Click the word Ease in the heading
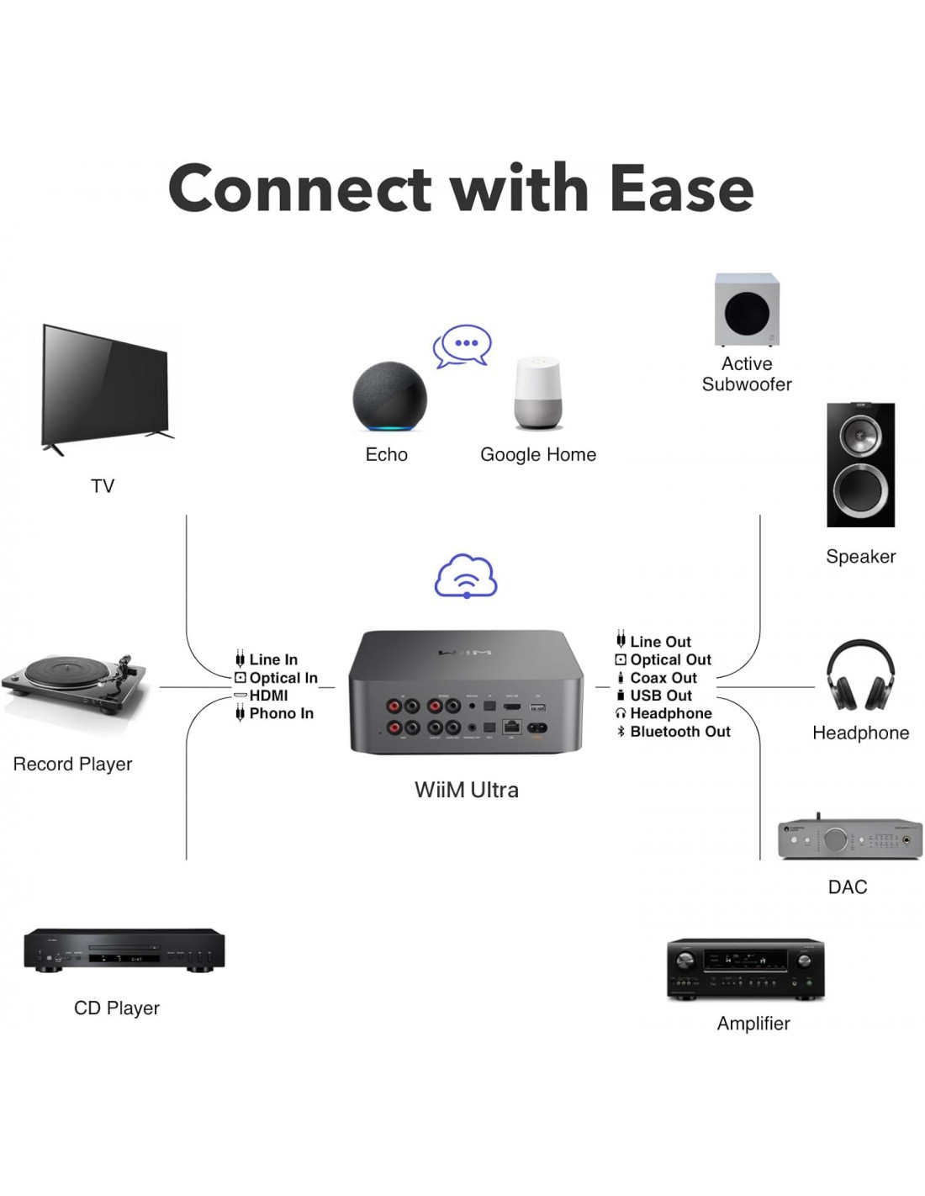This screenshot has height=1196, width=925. click(x=681, y=189)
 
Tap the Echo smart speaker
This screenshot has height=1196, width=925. click(x=388, y=397)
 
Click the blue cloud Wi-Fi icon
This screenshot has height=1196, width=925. click(x=466, y=576)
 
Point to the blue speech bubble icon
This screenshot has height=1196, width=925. click(x=462, y=345)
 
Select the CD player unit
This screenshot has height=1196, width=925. click(x=124, y=950)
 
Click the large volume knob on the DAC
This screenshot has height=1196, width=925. click(x=835, y=839)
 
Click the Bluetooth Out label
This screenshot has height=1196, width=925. click(x=679, y=732)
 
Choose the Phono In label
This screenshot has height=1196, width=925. click(x=281, y=713)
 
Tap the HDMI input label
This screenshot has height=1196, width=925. click(x=268, y=696)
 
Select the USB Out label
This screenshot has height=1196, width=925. click(x=661, y=696)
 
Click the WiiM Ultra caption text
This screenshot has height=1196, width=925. click(x=466, y=790)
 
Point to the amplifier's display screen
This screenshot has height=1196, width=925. click(x=745, y=959)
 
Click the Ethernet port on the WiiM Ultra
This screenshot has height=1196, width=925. click(x=511, y=727)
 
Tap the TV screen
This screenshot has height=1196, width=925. click(x=105, y=384)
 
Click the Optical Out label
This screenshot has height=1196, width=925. click(x=670, y=659)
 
